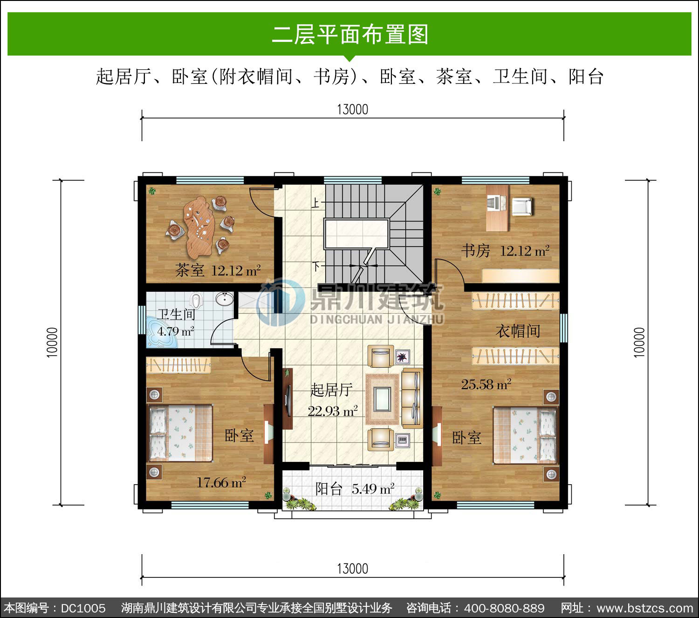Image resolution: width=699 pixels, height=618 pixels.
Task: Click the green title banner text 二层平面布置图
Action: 350,34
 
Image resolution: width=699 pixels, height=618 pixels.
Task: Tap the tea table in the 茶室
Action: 199,227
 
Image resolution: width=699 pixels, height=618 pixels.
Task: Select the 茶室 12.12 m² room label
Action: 218,270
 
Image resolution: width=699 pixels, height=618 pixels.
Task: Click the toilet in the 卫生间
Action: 196,301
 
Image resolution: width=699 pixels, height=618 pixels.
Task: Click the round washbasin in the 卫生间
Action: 225,298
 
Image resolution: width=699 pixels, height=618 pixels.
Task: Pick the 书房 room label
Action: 475,251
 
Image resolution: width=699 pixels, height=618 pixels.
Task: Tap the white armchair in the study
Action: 521,206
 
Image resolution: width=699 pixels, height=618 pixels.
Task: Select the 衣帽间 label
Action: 518,331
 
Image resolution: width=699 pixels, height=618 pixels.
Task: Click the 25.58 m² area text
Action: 486,385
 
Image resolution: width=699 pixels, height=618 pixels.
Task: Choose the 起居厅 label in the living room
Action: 331,390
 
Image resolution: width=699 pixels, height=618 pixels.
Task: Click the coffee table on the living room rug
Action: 382,399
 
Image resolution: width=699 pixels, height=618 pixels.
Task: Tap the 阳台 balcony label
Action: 329,489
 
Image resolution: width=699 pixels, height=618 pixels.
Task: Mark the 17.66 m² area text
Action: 221,482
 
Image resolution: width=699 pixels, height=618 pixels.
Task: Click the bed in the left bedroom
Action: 180,433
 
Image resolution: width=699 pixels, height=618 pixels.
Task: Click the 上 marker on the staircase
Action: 315,203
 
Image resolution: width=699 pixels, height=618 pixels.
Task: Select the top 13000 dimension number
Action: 353,110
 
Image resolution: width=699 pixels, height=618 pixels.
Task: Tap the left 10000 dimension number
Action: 52,342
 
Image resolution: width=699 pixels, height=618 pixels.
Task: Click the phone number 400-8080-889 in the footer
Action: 504,608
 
